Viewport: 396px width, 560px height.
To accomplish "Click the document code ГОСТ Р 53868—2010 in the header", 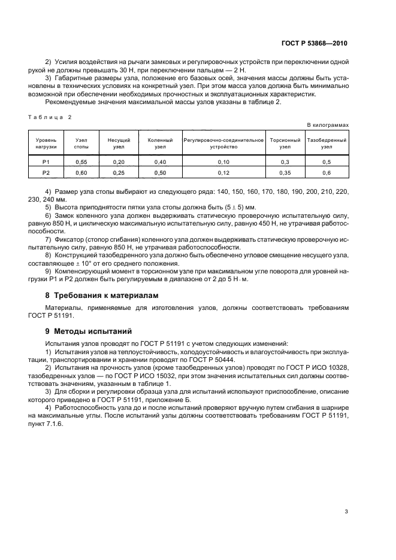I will pyautogui.click(x=315, y=44).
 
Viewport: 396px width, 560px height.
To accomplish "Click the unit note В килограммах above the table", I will pyautogui.click(x=327, y=124).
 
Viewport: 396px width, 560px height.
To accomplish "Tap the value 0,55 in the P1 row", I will pyautogui.click(x=81, y=162).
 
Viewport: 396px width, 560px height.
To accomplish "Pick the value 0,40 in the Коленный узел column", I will pyautogui.click(x=160, y=162).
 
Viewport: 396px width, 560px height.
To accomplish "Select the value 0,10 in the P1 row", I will pyautogui.click(x=223, y=162).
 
